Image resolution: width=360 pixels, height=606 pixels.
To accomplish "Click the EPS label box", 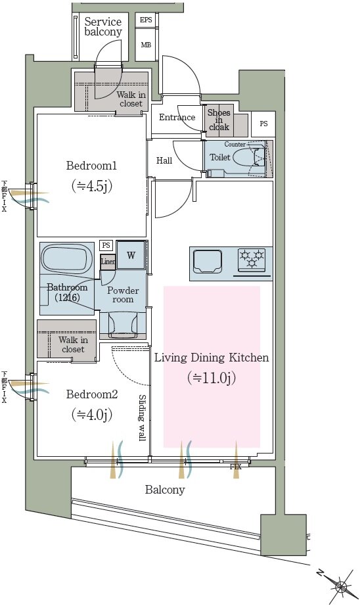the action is coord(146,20).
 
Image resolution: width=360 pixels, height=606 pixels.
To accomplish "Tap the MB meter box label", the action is coord(146,45).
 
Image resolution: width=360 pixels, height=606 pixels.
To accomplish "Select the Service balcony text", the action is coord(103,27).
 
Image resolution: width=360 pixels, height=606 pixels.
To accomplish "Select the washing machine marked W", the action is coord(131,255).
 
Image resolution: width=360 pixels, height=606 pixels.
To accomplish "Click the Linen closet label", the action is coord(108,262).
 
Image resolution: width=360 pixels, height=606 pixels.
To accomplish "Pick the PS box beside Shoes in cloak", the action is coord(263,124).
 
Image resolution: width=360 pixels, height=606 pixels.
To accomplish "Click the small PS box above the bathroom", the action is coord(106,245).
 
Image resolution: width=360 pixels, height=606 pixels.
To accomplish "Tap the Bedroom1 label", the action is coord(91,166).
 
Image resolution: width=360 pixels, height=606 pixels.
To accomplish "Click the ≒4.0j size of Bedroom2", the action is coord(91,415).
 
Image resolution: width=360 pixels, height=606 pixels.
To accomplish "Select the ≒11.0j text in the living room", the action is coord(212,377).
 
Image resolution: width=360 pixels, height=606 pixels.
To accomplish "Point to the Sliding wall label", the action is coord(142,418).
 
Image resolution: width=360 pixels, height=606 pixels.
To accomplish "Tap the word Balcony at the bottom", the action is coord(165,490).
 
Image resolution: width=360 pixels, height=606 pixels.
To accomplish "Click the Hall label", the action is coord(164,160).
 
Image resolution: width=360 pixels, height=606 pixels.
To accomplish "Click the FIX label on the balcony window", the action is coord(236,467).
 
